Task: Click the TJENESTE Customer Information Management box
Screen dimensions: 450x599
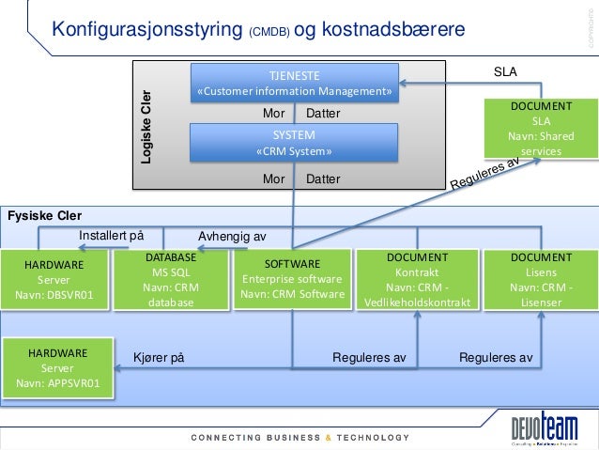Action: pos(294,83)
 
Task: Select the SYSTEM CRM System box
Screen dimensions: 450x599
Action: pos(294,144)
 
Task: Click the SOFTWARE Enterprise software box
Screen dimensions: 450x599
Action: pos(293,280)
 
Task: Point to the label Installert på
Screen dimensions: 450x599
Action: pos(111,235)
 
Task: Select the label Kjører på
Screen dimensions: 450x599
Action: pos(159,358)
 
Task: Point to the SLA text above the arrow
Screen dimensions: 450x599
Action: pos(505,70)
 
